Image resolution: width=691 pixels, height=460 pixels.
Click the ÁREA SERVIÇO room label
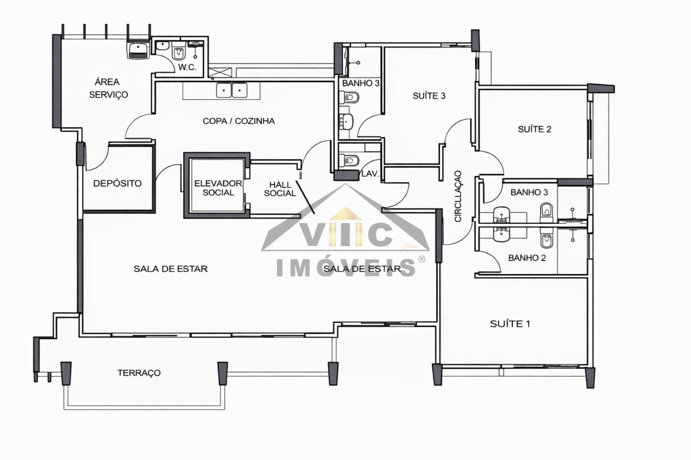pyautogui.click(x=109, y=88)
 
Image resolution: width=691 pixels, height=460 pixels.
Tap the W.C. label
pyautogui.click(x=187, y=67)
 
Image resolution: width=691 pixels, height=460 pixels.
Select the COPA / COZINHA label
pyautogui.click(x=239, y=121)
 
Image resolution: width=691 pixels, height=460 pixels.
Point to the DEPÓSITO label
pyautogui.click(x=117, y=183)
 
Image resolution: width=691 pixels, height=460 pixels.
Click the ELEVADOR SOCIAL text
pyautogui.click(x=218, y=188)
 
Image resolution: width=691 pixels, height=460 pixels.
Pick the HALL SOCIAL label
pyautogui.click(x=280, y=189)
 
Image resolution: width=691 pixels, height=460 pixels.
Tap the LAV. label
pyautogui.click(x=370, y=174)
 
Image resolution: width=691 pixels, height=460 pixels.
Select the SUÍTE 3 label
pyautogui.click(x=429, y=96)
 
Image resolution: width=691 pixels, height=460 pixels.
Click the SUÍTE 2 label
pyautogui.click(x=534, y=129)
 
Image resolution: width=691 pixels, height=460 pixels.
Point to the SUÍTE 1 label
pyautogui.click(x=510, y=324)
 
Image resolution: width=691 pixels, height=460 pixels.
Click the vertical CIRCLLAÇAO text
pyautogui.click(x=458, y=196)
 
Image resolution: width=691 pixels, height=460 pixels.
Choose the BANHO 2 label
pyautogui.click(x=527, y=258)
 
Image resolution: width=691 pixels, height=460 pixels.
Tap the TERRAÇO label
pyautogui.click(x=139, y=373)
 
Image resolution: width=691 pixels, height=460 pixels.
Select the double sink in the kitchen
pyautogui.click(x=232, y=90)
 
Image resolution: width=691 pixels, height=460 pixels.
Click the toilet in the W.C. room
pyautogui.click(x=178, y=52)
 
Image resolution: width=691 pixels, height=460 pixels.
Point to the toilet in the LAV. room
pyautogui.click(x=349, y=161)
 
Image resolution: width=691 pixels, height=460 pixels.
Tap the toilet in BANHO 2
pyautogui.click(x=546, y=239)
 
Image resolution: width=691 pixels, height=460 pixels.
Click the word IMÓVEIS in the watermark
pyautogui.click(x=345, y=267)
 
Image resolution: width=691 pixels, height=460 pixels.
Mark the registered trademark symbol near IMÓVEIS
pyautogui.click(x=422, y=259)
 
